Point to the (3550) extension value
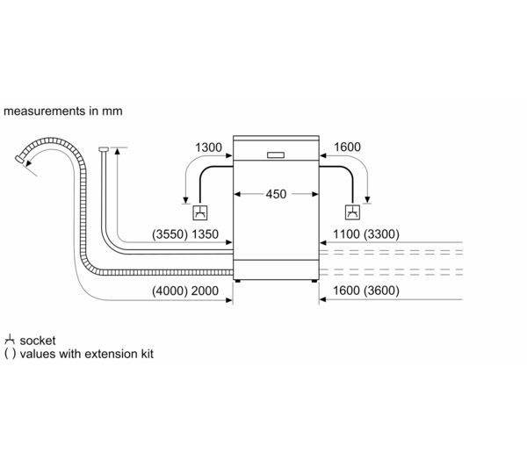pos(170,235)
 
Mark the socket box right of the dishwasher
pos(351,212)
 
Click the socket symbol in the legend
pos(10,339)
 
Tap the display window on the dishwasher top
pos(274,155)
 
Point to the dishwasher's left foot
pos(235,281)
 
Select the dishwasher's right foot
pos(312,281)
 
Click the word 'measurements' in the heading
pos(40,111)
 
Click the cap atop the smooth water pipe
pos(104,149)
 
